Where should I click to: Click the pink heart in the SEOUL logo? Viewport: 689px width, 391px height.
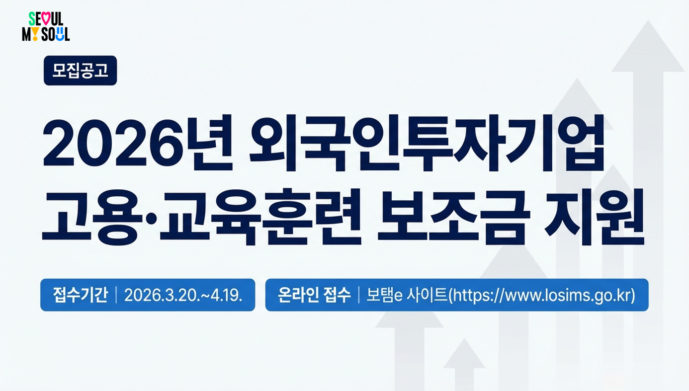coord(45,19)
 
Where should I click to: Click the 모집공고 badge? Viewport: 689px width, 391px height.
coord(81,71)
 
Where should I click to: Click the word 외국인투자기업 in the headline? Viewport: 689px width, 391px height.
coord(428,142)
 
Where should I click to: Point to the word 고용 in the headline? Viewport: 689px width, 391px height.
coord(90,217)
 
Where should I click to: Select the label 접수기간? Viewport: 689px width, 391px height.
coord(80,295)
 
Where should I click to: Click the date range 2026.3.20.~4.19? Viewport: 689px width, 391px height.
coord(183,295)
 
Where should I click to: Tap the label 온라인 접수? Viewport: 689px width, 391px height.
coord(314,295)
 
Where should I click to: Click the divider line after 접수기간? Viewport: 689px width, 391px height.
coord(116,295)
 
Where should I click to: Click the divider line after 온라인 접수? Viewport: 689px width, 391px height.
coord(359,295)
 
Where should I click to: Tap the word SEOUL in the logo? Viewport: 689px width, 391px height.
coord(46,19)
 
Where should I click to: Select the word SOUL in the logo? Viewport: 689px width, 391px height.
coord(56,34)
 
